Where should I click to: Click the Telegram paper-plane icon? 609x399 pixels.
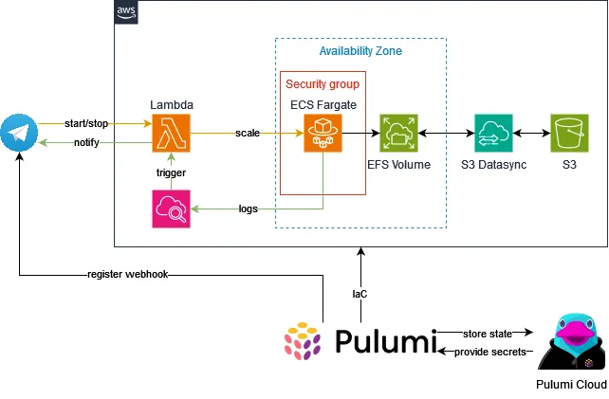19,134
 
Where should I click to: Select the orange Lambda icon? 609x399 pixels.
171,134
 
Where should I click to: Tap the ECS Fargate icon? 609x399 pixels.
323,134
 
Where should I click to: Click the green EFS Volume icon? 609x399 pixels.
398,134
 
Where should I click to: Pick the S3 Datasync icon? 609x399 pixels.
493,134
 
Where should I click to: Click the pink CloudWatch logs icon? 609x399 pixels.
171,209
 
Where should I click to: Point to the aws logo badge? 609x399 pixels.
126,12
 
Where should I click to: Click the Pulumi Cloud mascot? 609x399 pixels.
570,343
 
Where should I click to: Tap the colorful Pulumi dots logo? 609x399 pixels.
304,343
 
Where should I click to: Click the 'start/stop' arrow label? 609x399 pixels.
87,124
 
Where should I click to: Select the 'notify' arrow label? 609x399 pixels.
89,143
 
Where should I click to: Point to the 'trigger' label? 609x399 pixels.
171,173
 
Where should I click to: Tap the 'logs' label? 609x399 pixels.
249,209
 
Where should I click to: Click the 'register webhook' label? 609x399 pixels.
128,276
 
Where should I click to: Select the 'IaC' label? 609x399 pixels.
360,294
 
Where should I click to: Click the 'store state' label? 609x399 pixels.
489,334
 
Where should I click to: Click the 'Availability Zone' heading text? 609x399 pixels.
360,51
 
